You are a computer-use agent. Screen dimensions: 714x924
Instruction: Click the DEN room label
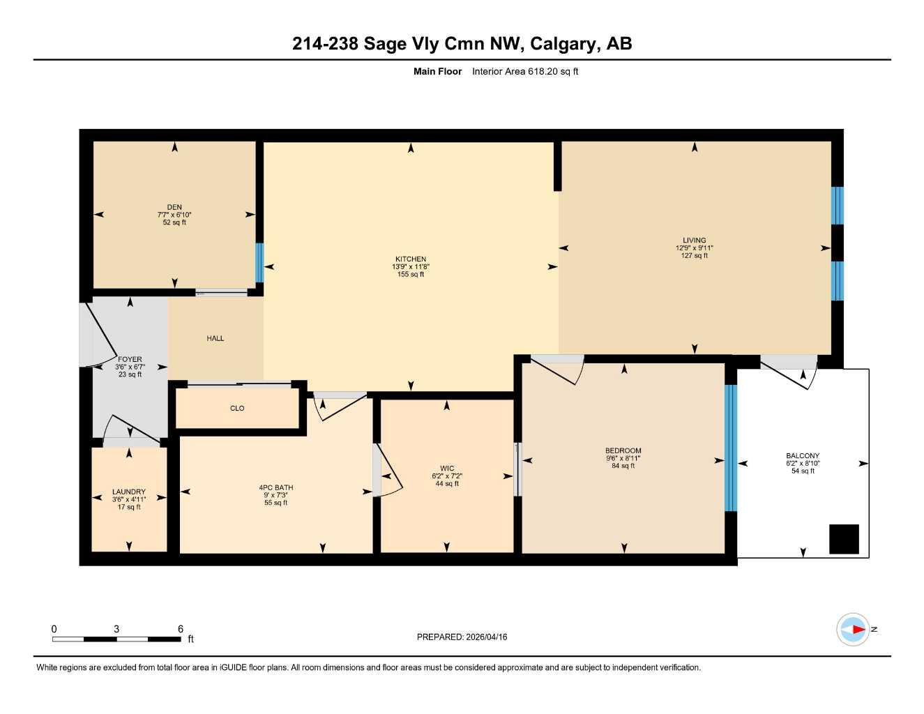coord(174,207)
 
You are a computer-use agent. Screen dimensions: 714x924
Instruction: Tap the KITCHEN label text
coord(411,259)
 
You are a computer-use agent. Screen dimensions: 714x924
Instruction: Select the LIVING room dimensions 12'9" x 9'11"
coord(694,248)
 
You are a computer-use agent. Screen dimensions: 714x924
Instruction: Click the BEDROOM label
coord(623,451)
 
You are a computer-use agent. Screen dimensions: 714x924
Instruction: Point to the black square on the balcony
coord(844,539)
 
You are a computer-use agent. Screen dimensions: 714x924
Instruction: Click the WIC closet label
coord(447,469)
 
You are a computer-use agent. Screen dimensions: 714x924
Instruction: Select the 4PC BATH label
coord(276,487)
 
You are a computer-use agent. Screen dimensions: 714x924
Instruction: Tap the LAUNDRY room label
coord(129,492)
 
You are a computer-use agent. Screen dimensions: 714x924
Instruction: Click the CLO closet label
coord(237,409)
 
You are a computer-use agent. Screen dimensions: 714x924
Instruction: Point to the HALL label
coord(215,338)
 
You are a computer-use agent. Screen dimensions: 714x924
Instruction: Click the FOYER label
coord(130,360)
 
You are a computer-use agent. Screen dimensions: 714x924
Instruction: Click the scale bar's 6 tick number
coord(181,629)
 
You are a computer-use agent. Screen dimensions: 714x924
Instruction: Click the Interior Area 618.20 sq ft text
coord(525,71)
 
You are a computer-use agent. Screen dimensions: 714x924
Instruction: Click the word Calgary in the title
coord(563,44)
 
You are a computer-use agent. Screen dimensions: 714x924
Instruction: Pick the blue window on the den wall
coord(259,262)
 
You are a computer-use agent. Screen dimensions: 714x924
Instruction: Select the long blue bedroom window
coord(730,448)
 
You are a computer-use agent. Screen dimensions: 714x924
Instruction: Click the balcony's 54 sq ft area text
coord(803,471)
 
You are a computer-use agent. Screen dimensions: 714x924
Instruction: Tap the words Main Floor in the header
coord(437,71)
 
